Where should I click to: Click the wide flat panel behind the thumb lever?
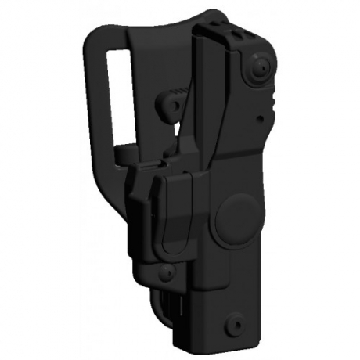pyautogui.click(x=157, y=86)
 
